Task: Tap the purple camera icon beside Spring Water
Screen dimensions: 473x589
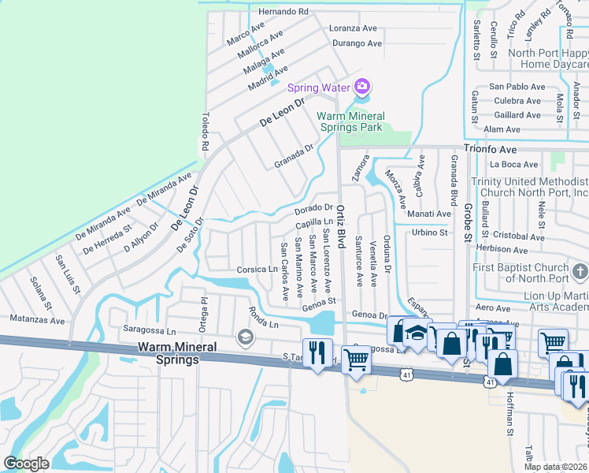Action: point(362,86)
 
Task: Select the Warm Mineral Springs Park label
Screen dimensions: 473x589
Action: point(350,121)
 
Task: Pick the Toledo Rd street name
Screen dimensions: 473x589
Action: point(205,132)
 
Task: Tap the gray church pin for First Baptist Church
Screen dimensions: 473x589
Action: point(580,272)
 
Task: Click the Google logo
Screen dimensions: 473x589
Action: point(26,463)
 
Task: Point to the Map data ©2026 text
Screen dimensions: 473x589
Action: point(556,467)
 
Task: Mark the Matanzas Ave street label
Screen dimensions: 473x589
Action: point(37,321)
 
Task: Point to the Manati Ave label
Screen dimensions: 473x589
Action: point(429,214)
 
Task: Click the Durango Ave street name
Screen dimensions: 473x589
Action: point(357,43)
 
